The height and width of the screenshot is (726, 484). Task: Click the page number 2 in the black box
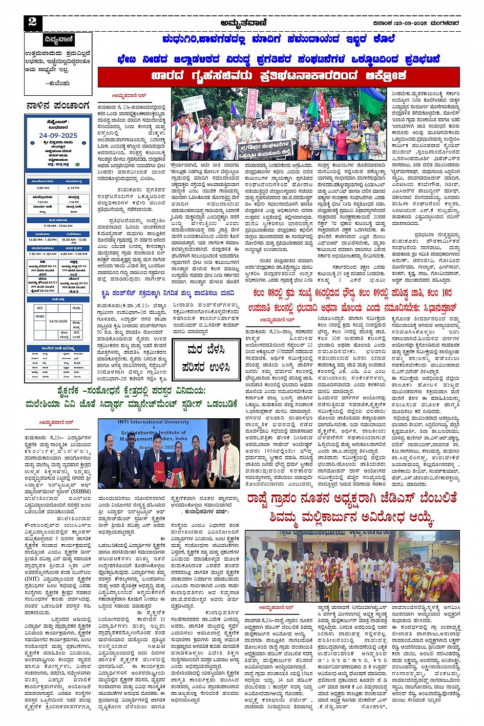coord(33,22)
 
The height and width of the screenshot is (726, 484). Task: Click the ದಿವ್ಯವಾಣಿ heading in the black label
coord(59,39)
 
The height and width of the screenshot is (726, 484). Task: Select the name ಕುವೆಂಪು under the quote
coord(57,82)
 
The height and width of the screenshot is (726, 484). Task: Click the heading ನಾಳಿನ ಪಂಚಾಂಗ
coord(57,106)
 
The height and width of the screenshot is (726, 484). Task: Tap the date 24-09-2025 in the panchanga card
coord(58,135)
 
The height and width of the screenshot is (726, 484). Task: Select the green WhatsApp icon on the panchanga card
coord(77,164)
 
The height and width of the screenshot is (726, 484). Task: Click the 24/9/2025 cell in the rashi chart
coord(58,321)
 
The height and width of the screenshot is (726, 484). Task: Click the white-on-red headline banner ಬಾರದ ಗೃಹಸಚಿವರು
coord(278,76)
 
